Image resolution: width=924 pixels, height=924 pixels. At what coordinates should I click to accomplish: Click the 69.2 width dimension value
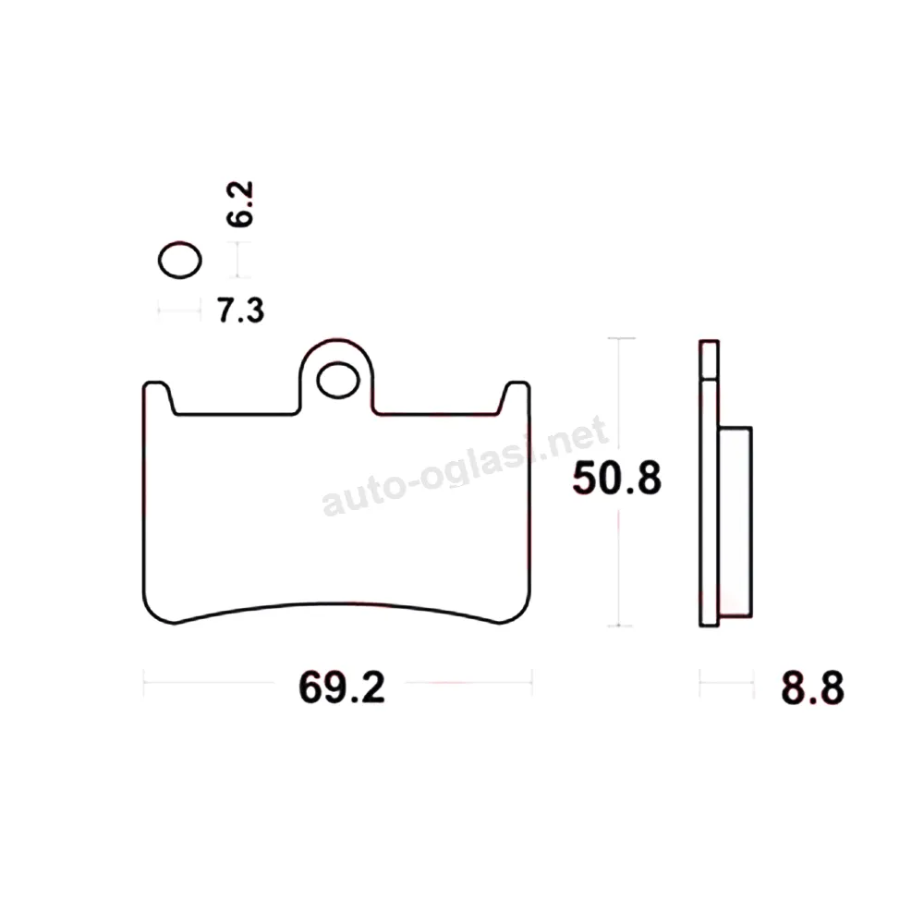(342, 687)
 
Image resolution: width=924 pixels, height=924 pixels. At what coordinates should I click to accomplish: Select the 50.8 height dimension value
(617, 478)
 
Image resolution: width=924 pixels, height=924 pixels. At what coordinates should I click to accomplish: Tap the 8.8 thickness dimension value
(812, 687)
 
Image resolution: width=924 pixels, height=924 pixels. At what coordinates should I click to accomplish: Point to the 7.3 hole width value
(241, 310)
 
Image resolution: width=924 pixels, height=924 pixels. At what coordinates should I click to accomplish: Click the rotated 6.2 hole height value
(240, 204)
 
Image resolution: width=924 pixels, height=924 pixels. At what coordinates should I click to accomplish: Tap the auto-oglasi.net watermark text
(465, 466)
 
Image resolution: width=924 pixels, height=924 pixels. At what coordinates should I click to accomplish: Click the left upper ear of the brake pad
(158, 397)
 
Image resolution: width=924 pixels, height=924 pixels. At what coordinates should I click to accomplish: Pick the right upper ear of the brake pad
(515, 397)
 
